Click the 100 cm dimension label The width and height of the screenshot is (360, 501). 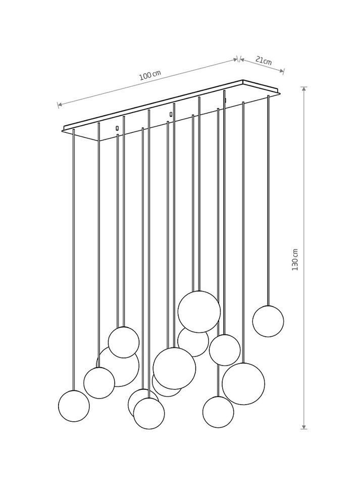pyautogui.click(x=150, y=75)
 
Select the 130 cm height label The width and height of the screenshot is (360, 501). pyautogui.click(x=295, y=260)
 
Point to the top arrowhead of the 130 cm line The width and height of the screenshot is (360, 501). pyautogui.click(x=304, y=89)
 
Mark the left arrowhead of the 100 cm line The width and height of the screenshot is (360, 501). pyautogui.click(x=60, y=104)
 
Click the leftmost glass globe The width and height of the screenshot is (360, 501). pyautogui.click(x=74, y=406)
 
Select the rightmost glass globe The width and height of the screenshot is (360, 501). pyautogui.click(x=268, y=321)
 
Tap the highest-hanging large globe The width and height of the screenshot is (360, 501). pyautogui.click(x=199, y=312)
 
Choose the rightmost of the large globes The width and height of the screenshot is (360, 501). pyautogui.click(x=243, y=384)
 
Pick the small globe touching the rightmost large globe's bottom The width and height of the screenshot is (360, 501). pyautogui.click(x=218, y=412)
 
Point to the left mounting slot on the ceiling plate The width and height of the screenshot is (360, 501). pyautogui.click(x=117, y=128)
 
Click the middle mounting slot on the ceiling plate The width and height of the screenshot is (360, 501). pyautogui.click(x=171, y=114)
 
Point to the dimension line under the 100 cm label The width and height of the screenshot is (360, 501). pyautogui.click(x=148, y=82)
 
